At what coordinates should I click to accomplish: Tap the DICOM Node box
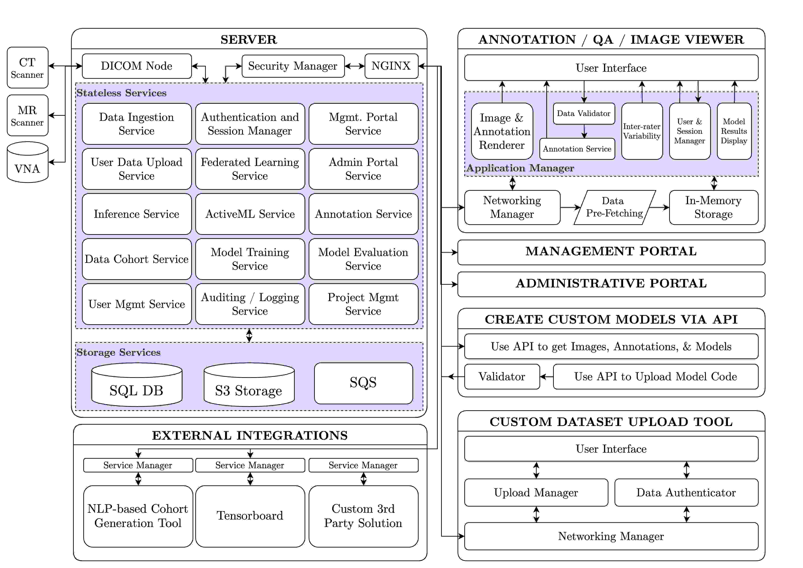tap(137, 66)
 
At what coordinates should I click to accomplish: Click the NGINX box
tap(391, 66)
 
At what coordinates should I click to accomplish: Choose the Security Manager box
tap(293, 66)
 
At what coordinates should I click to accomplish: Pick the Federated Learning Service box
tap(250, 169)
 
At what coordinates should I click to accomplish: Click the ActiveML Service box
tap(250, 214)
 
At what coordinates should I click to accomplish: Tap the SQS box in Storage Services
tap(363, 383)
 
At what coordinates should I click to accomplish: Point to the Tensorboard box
tap(250, 516)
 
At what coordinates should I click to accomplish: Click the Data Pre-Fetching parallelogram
tap(615, 207)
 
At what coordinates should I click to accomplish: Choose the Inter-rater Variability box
tap(642, 131)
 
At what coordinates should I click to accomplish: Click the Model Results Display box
tap(734, 131)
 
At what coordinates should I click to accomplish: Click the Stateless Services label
tap(121, 93)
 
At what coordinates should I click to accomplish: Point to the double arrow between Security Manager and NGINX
tap(355, 66)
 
